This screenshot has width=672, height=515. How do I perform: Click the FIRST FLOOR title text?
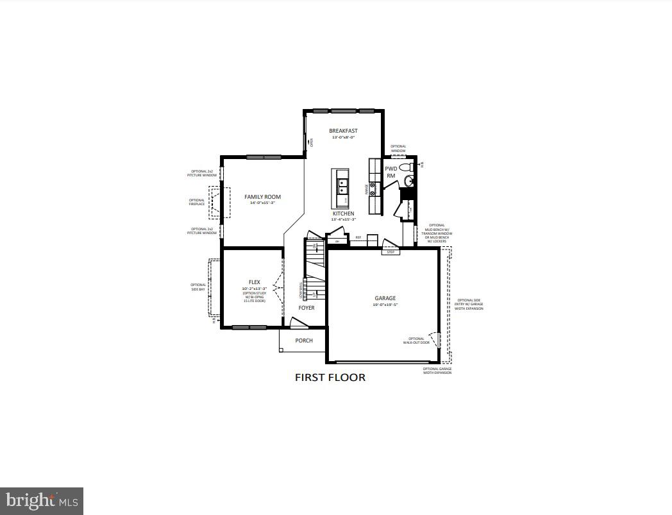point(330,377)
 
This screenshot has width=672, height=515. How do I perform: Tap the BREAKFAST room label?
point(343,131)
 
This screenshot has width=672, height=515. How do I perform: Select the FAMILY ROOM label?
point(262,197)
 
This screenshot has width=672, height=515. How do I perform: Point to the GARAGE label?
point(385,298)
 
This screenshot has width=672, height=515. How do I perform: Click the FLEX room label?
point(255,282)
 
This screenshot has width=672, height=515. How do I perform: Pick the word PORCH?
point(304,341)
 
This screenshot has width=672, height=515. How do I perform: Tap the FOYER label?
point(307,308)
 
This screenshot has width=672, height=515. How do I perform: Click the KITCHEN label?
point(343,214)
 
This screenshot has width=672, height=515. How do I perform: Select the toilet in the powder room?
point(406,167)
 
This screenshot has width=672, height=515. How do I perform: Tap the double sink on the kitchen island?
point(342,185)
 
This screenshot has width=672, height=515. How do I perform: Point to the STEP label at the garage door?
point(391,252)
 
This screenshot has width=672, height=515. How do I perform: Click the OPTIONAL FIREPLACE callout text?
point(197,202)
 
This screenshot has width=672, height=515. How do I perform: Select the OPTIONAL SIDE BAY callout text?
point(198,287)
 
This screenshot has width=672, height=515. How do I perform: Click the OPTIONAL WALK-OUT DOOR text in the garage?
point(416,341)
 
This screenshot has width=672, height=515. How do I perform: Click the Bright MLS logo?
point(42,500)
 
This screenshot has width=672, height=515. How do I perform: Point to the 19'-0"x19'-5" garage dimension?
point(385,305)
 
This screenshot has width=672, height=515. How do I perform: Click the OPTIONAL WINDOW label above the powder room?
point(398,148)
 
